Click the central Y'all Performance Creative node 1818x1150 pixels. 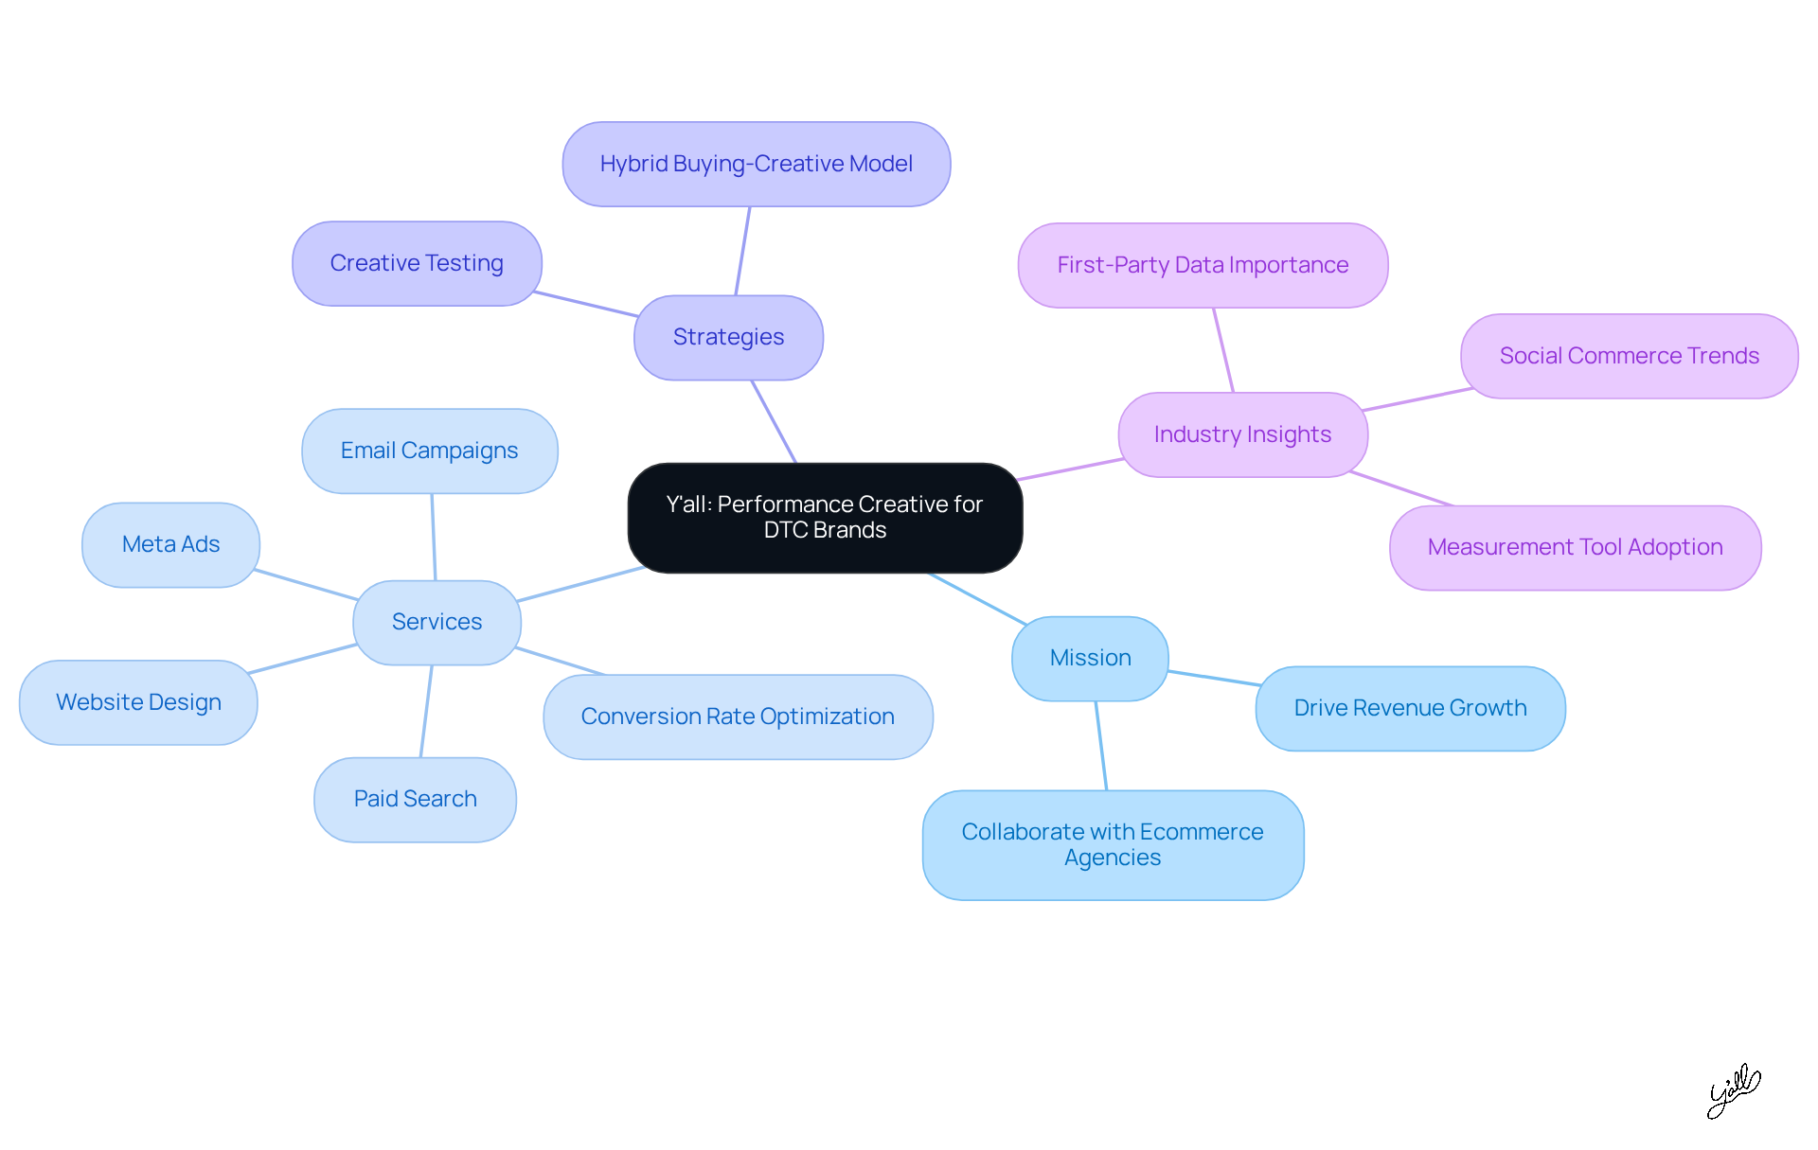(x=825, y=518)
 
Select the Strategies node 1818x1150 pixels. (x=728, y=337)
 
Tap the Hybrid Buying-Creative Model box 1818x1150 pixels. (x=756, y=164)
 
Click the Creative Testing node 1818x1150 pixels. (x=417, y=263)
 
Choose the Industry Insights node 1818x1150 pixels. (x=1242, y=434)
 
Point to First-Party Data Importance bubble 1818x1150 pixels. (x=1203, y=265)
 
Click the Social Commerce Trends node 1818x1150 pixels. (x=1629, y=356)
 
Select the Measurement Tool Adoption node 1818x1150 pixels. (x=1575, y=547)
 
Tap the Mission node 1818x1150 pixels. (x=1090, y=658)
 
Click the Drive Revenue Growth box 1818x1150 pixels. (x=1410, y=708)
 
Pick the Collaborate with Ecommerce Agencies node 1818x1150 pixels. (x=1113, y=844)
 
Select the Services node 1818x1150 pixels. (x=437, y=622)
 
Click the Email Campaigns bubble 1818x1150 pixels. (x=429, y=451)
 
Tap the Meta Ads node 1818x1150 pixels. (x=170, y=544)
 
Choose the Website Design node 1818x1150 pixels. (x=138, y=702)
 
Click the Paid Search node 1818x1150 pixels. (x=415, y=799)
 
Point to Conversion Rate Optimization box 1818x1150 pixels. (x=738, y=717)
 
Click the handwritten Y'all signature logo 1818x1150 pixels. (x=1733, y=1090)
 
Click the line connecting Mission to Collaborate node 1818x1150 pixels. (x=1101, y=746)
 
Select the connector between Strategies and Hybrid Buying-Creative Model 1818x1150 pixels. (x=742, y=251)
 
